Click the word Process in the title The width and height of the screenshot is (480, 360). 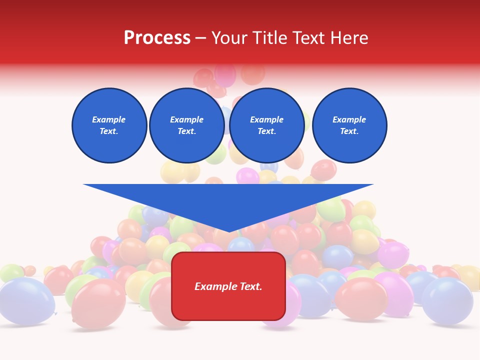[x=157, y=38]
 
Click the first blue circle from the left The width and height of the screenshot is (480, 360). [x=109, y=125]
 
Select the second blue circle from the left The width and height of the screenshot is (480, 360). [x=187, y=125]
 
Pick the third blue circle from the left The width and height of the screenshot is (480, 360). [x=266, y=125]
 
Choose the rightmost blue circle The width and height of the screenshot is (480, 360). [x=349, y=125]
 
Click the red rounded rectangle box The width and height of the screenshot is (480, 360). [x=228, y=286]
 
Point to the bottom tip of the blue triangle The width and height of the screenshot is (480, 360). [x=228, y=231]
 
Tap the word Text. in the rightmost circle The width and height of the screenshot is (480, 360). [x=349, y=131]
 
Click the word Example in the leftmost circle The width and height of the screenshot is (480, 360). [x=109, y=119]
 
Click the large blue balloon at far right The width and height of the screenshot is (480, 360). [x=447, y=300]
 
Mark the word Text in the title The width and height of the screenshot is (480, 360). [x=309, y=38]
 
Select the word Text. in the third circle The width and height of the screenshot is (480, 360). [x=266, y=131]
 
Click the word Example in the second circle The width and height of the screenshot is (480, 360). [x=187, y=119]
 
